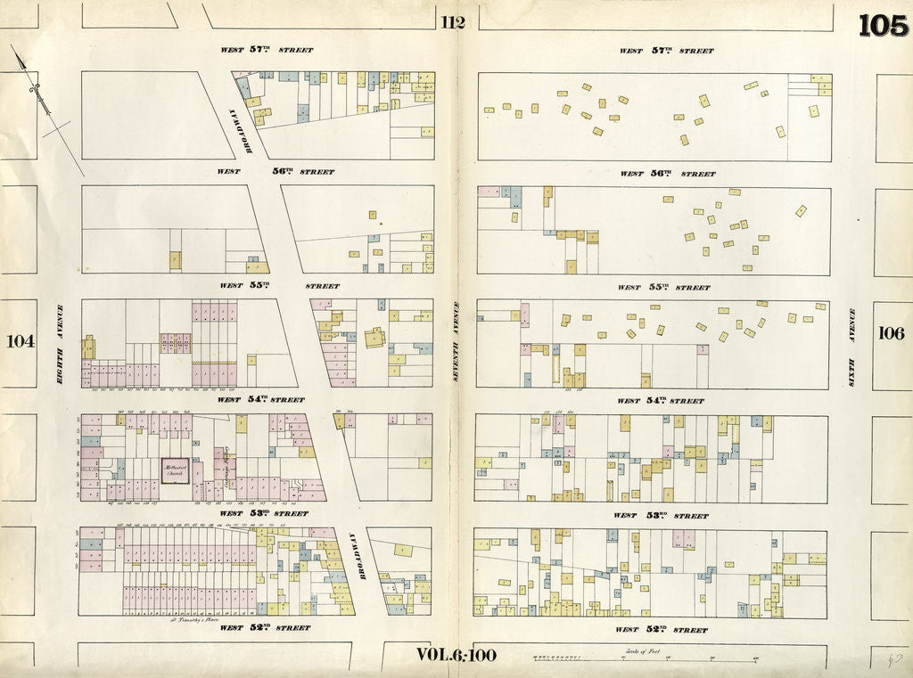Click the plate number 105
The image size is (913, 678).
coord(883,26)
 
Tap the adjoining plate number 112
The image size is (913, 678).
coord(452,22)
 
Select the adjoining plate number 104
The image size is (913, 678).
coord(20,340)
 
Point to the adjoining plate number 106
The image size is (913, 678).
coord(891,333)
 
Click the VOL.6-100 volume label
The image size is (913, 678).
coord(456,655)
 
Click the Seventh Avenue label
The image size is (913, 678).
coord(455,341)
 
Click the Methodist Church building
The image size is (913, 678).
coord(175,470)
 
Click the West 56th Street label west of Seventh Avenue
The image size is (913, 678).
coord(276,171)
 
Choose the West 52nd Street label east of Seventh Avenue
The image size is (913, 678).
coord(663,629)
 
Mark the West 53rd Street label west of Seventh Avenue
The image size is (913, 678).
coord(264,513)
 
